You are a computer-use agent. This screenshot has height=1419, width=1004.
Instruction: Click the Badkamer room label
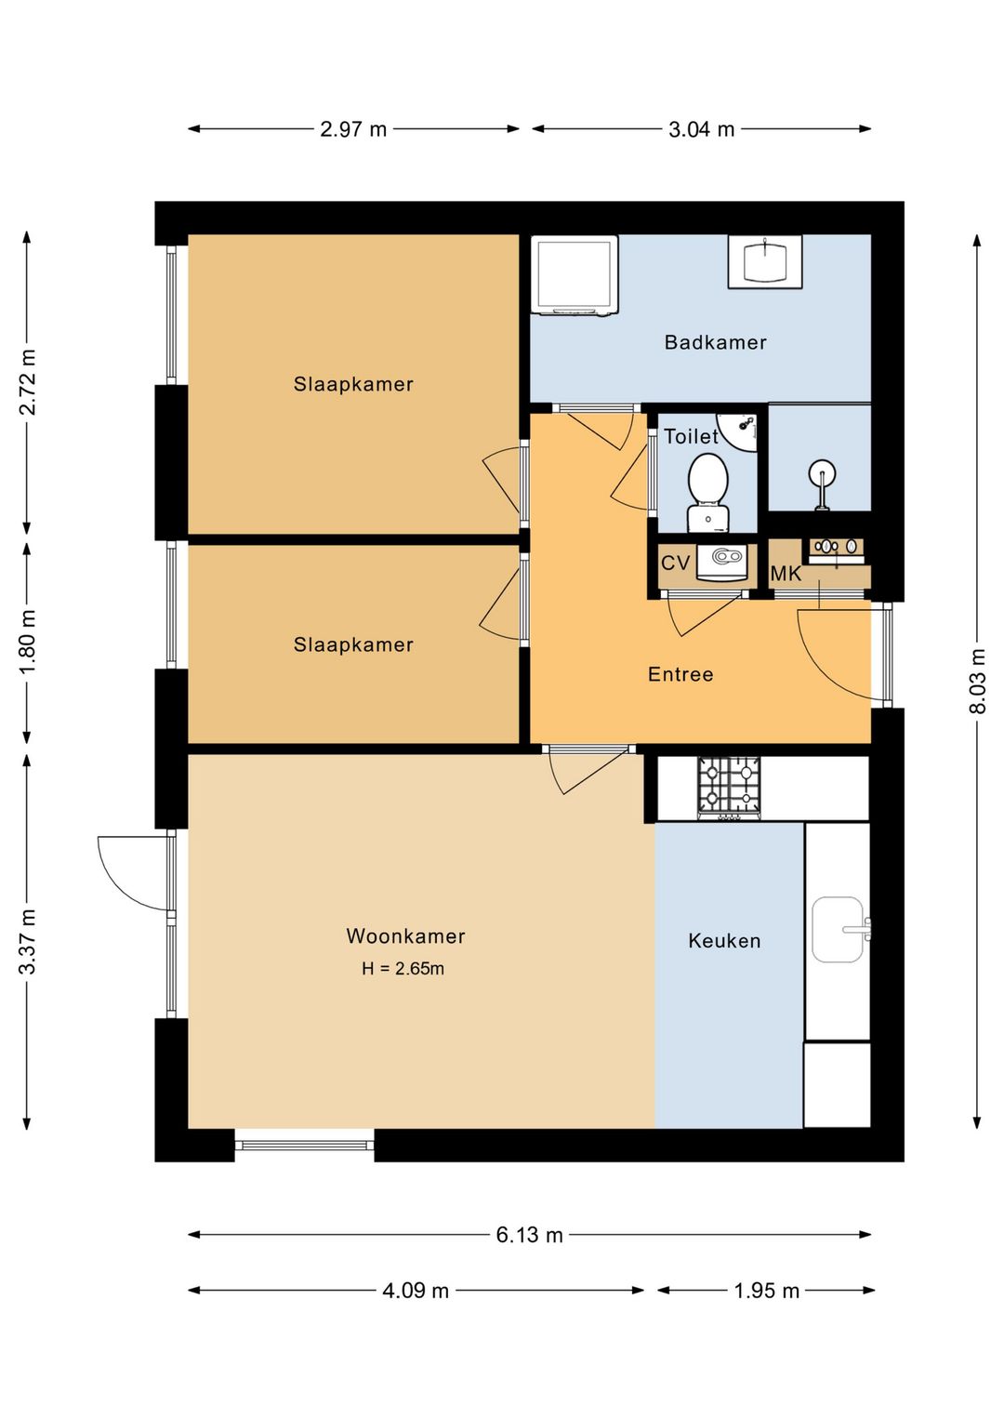(715, 343)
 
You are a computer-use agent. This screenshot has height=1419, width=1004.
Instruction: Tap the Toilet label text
(691, 436)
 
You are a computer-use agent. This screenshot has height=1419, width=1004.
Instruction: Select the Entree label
(680, 674)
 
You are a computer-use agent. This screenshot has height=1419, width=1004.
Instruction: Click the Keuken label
(724, 941)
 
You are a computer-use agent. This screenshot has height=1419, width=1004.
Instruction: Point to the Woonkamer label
(405, 935)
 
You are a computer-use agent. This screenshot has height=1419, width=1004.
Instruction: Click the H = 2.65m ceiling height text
(403, 968)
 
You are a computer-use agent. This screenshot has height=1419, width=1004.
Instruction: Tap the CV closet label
(675, 563)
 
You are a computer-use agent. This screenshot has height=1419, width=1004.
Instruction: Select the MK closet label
(786, 574)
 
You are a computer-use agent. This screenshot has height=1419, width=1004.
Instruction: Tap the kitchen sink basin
(839, 929)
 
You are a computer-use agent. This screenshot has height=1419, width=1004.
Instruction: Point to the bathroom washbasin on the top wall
(764, 262)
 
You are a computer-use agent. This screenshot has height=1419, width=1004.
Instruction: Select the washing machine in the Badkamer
(574, 275)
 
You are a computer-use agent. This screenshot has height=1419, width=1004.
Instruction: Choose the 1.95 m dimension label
(766, 1291)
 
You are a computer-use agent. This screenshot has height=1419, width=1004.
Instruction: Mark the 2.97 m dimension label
(353, 129)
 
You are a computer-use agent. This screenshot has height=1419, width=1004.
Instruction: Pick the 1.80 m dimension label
(27, 642)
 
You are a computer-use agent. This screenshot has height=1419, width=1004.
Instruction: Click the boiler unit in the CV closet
(727, 562)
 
